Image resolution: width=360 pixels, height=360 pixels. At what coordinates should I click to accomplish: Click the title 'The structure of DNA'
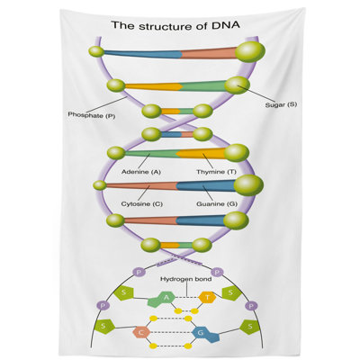[175, 25]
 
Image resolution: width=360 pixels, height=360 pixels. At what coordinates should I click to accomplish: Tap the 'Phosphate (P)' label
[92, 114]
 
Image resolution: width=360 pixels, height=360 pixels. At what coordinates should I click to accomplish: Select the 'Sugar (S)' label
[281, 104]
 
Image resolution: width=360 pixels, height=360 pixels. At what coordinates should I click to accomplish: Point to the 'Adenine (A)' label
[141, 172]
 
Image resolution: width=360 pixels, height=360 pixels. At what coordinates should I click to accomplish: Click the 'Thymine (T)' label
[216, 172]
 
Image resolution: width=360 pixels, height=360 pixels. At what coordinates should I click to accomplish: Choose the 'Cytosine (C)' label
[142, 204]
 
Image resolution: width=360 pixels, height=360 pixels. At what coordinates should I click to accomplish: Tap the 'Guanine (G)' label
[217, 204]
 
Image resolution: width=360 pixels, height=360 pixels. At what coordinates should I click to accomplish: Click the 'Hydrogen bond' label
[185, 279]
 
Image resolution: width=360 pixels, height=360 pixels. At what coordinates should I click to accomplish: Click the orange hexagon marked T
[207, 298]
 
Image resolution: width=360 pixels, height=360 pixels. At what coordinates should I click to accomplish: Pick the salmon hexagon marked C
[141, 332]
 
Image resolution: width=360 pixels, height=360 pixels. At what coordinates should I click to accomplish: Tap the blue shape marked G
[205, 334]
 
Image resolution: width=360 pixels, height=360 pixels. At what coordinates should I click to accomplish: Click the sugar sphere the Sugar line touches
[237, 85]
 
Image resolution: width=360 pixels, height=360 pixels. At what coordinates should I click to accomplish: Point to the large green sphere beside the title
[250, 52]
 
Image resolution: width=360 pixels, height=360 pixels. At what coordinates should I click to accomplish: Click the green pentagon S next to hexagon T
[231, 292]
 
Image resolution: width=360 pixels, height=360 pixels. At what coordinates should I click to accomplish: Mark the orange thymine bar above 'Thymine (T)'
[202, 153]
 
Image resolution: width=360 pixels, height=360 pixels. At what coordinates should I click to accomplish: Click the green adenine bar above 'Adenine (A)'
[151, 154]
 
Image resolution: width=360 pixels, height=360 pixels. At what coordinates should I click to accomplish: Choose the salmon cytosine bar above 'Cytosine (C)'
[141, 185]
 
